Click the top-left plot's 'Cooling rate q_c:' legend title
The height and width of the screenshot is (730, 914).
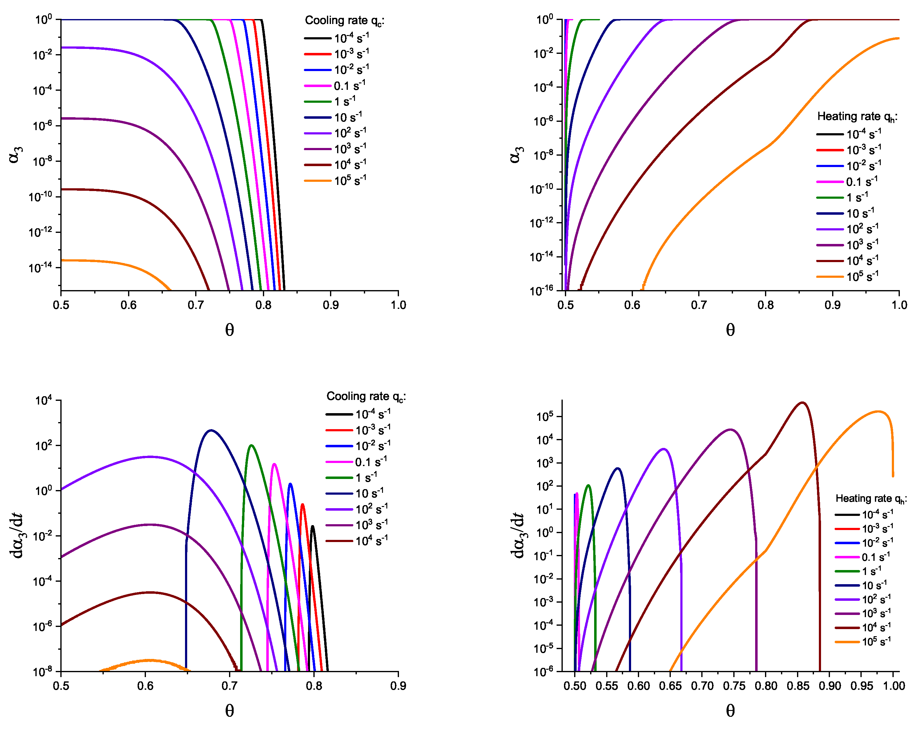coord(344,20)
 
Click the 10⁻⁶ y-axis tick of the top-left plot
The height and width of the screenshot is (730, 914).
coord(42,126)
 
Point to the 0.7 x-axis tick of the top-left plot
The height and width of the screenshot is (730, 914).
coord(195,305)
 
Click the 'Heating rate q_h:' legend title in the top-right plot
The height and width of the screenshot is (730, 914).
coord(857,117)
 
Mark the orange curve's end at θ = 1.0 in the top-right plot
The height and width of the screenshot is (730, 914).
coord(898,38)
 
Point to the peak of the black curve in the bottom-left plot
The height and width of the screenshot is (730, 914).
coord(312,526)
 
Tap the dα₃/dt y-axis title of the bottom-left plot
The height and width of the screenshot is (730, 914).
coord(17,536)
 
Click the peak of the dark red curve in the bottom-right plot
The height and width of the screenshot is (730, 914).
coord(802,402)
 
